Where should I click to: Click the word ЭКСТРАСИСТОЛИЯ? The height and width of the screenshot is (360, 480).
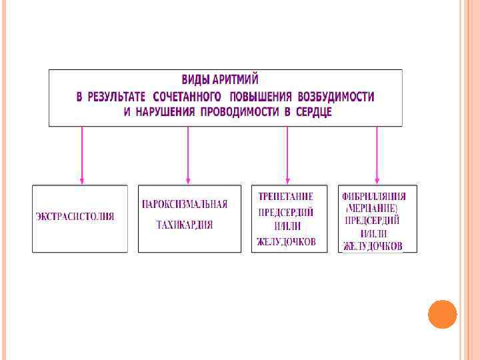coord(75,217)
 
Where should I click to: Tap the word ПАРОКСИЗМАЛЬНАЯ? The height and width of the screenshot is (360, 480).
coord(184,205)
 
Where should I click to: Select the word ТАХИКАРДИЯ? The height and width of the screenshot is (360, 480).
coord(185,225)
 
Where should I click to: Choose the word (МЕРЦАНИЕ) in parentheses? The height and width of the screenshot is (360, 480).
coord(371,209)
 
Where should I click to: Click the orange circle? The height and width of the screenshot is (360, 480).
coord(442,314)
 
